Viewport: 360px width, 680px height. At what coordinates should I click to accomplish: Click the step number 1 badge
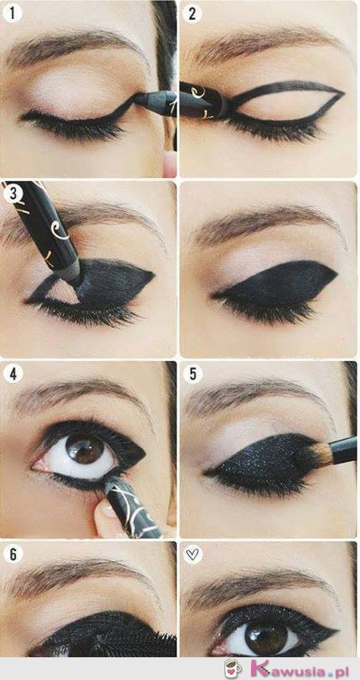pos(12,13)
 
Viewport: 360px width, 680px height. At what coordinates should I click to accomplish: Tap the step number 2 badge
pos(193,13)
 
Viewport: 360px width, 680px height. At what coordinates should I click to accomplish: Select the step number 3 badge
pos(13,193)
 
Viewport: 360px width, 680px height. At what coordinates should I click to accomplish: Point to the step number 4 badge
pos(13,374)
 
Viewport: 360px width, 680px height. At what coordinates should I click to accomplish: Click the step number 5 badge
pos(193,374)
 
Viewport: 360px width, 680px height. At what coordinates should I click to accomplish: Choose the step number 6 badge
pos(13,554)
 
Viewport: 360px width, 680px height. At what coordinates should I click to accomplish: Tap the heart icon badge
pos(193,554)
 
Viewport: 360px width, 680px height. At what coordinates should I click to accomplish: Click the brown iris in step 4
pos(86,450)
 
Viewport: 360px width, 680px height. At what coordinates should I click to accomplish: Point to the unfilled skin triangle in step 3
pos(62,293)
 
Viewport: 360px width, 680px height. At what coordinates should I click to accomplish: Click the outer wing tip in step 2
pos(343,92)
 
